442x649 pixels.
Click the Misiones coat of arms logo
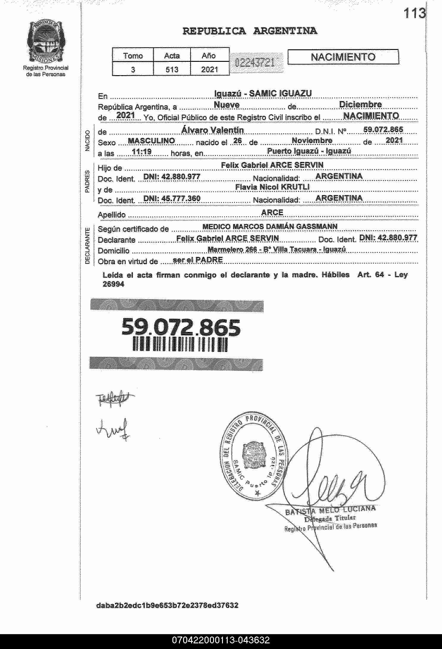pyautogui.click(x=46, y=42)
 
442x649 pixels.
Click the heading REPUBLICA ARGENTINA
pyautogui.click(x=250, y=31)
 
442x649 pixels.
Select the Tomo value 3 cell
pyautogui.click(x=133, y=70)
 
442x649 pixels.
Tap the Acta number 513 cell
pyautogui.click(x=172, y=70)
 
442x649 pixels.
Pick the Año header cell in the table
pyautogui.click(x=209, y=56)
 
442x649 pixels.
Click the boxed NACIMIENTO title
pyautogui.click(x=343, y=57)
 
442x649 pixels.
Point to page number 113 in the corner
pyautogui.click(x=414, y=13)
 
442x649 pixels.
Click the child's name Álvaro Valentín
pyautogui.click(x=213, y=130)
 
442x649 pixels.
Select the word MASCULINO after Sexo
pyautogui.click(x=151, y=141)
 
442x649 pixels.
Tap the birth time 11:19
pyautogui.click(x=142, y=152)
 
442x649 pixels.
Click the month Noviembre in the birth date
pyautogui.click(x=312, y=140)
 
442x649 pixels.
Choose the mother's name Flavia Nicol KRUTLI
pyautogui.click(x=272, y=187)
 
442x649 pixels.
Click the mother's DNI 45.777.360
pyautogui.click(x=172, y=198)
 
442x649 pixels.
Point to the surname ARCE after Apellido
pyautogui.click(x=272, y=212)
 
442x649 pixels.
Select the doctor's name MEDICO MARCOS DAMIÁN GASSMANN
pyautogui.click(x=270, y=226)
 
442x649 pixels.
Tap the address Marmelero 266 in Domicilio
pyautogui.click(x=276, y=250)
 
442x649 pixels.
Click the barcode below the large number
pyautogui.click(x=180, y=344)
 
